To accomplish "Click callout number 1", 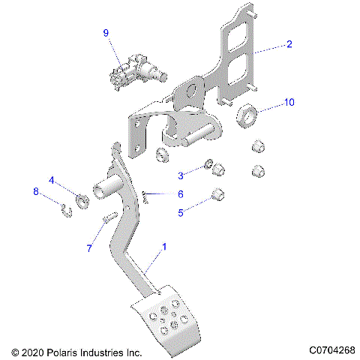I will pos(164,246).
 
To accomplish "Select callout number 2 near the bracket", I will pos(289,44).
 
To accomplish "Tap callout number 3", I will pos(180,175).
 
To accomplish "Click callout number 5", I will pos(180,212).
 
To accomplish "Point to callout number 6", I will pos(180,194).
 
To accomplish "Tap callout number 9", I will pos(106,33).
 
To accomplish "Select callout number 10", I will pos(289,100).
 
